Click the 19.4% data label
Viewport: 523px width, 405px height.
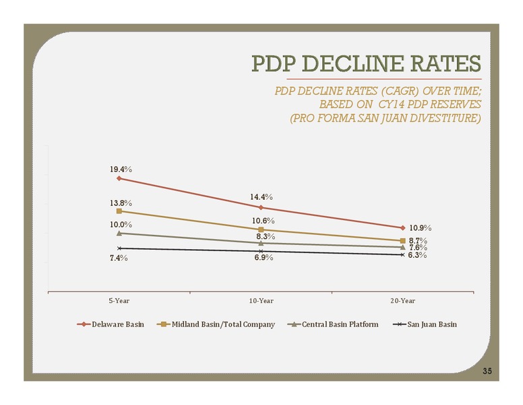[121, 169]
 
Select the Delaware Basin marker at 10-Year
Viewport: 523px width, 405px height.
[261, 207]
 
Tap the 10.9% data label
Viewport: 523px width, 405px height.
[421, 228]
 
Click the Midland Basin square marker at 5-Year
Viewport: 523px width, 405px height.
[119, 211]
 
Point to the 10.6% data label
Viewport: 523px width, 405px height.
[263, 221]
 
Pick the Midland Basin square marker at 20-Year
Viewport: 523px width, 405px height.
[402, 240]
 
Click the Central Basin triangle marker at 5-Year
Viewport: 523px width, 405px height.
[119, 233]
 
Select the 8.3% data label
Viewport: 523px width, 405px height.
[266, 236]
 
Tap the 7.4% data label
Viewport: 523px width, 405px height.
[119, 258]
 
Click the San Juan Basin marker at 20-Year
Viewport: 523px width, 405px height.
[402, 254]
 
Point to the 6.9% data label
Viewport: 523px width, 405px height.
[264, 258]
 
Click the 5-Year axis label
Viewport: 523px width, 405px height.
[119, 301]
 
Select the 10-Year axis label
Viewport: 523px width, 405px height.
[261, 301]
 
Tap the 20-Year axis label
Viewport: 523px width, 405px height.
[403, 301]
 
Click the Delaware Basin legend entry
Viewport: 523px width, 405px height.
[111, 325]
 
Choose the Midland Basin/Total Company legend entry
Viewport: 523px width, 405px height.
[216, 325]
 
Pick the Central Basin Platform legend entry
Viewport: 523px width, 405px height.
[333, 325]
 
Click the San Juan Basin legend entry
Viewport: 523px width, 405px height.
[425, 325]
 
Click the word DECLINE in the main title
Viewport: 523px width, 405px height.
[353, 63]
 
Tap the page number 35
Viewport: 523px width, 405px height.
[487, 371]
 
